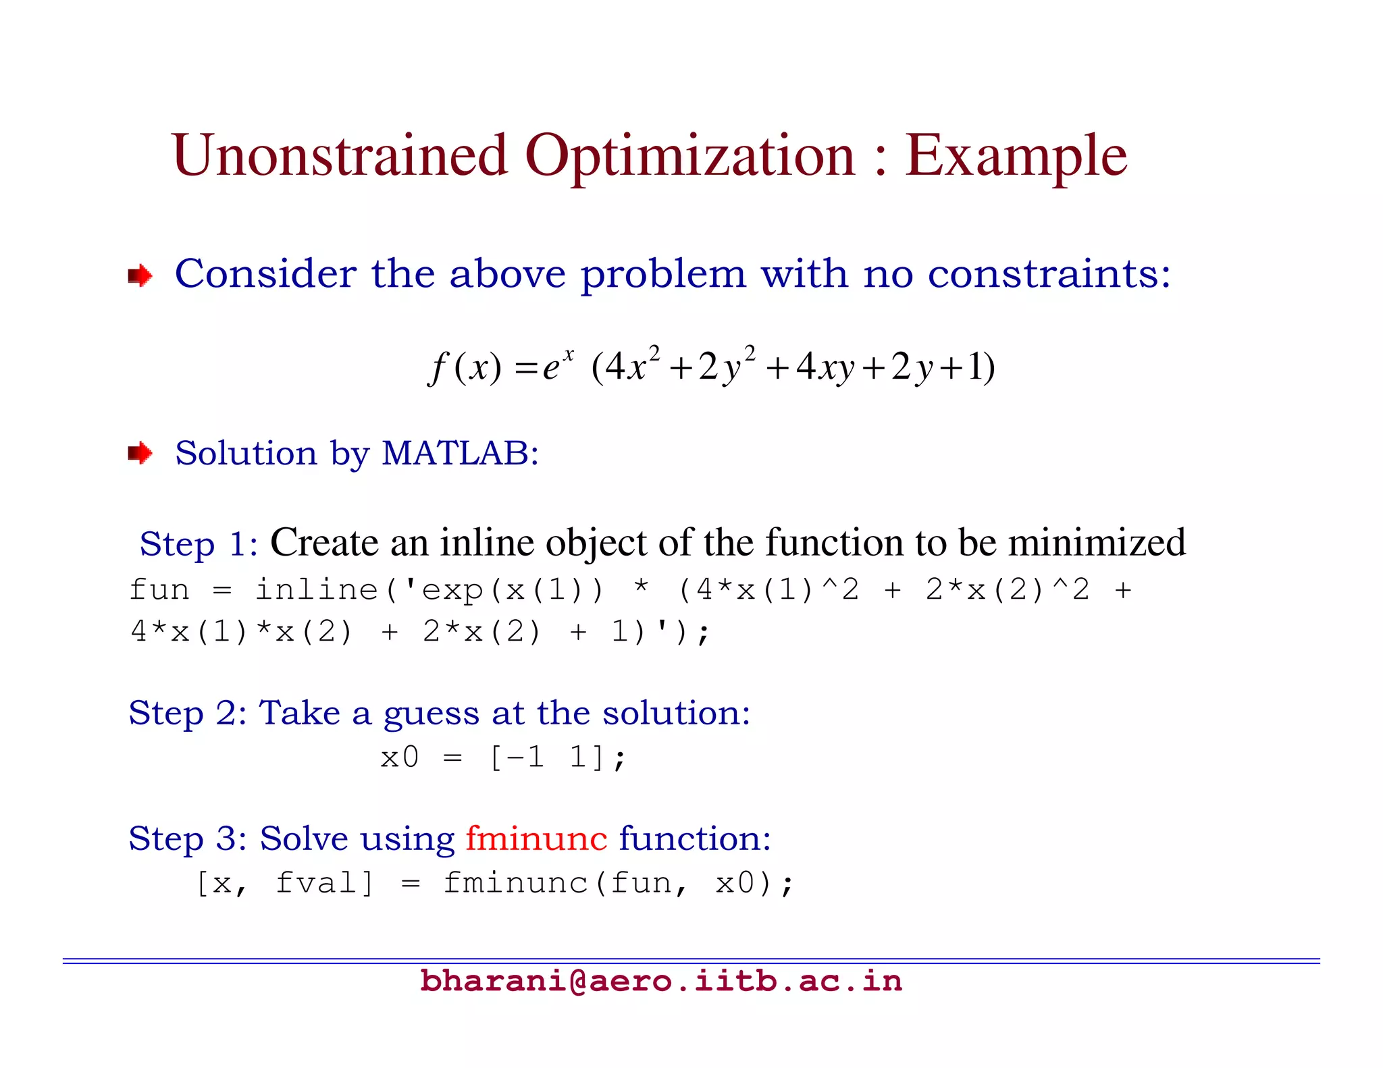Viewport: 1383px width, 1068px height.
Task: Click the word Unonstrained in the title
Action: [340, 155]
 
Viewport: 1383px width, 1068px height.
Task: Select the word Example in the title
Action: [1016, 157]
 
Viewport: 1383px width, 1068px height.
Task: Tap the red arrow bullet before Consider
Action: [140, 275]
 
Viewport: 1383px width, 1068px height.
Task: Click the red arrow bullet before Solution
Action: [140, 453]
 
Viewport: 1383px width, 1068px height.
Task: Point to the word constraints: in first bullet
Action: [1049, 274]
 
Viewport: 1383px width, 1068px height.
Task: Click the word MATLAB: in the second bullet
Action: [460, 453]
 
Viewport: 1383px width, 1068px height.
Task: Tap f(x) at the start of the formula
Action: [466, 368]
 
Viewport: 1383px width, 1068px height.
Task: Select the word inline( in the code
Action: [327, 590]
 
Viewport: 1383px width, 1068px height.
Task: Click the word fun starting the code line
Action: [159, 590]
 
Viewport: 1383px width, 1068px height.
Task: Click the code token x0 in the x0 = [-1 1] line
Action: [399, 757]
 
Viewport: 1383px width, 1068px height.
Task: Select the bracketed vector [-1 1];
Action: [558, 757]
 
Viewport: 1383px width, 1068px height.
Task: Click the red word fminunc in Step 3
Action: [536, 838]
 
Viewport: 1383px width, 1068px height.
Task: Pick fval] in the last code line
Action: [325, 883]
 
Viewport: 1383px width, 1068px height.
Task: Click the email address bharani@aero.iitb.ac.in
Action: [660, 981]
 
